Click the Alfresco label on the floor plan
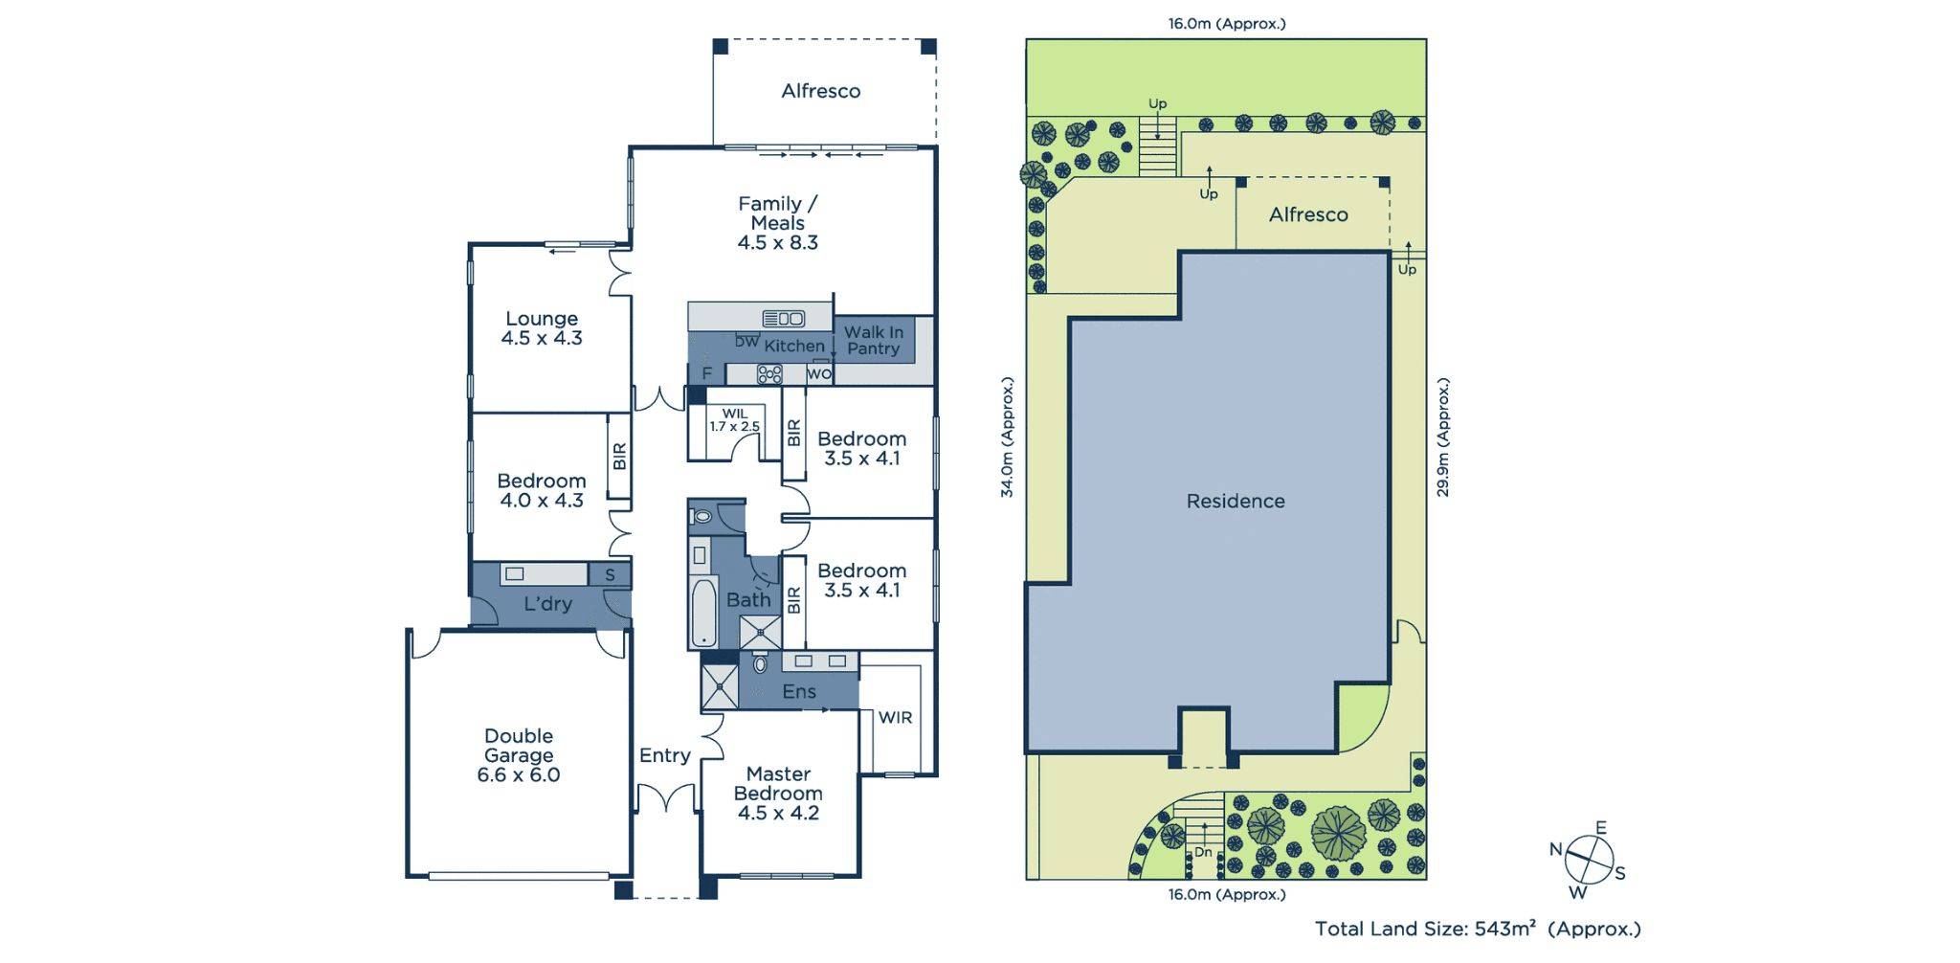click(x=820, y=91)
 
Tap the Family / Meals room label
click(x=777, y=223)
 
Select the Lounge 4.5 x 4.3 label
click(x=542, y=328)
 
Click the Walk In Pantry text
click(x=873, y=341)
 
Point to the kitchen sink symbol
click(x=783, y=318)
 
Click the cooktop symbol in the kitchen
click(x=769, y=374)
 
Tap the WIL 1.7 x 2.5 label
click(x=734, y=420)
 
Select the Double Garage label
click(x=519, y=755)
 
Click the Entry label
click(x=664, y=755)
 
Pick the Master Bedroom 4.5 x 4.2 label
click(x=777, y=793)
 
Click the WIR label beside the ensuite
click(x=895, y=717)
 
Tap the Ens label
click(x=799, y=691)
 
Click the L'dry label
click(x=547, y=604)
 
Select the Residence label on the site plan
click(x=1235, y=501)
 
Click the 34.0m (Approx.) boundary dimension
click(x=1007, y=437)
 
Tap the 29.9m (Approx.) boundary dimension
click(x=1443, y=437)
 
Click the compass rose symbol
click(x=1589, y=859)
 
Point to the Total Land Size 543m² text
click(x=1477, y=929)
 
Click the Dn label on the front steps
click(x=1203, y=852)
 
